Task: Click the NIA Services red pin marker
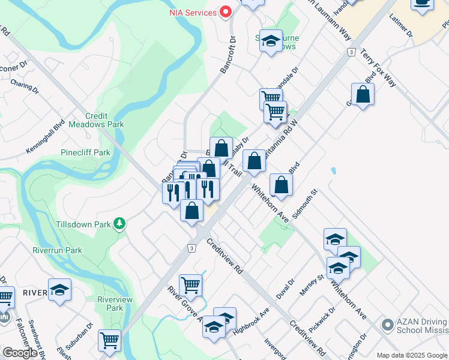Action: coord(226,11)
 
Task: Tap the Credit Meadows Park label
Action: coord(104,120)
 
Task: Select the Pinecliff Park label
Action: coord(85,152)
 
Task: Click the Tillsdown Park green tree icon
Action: coord(120,224)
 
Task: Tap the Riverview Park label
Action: coord(110,303)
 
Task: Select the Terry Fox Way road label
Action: coord(378,69)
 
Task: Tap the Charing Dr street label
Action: coord(24,87)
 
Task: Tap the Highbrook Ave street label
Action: coord(253,322)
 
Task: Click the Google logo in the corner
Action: coord(20,353)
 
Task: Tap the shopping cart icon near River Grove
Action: coord(190,285)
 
